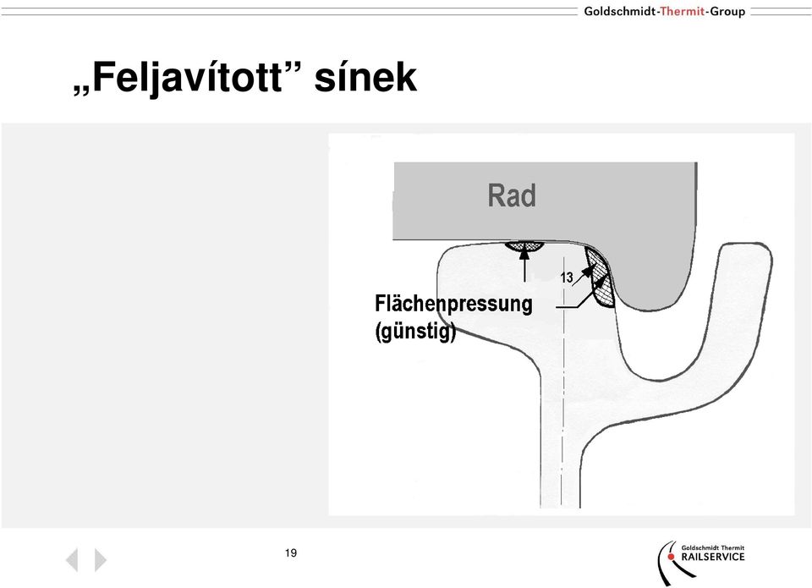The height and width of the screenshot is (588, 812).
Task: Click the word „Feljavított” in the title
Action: point(179,77)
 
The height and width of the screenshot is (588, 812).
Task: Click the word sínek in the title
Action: point(365,77)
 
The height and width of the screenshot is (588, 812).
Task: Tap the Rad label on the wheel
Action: point(512,195)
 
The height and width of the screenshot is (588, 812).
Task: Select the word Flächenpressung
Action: point(453,304)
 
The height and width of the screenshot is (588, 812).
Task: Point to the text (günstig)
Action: point(415,331)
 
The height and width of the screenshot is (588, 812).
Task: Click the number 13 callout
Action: point(567,278)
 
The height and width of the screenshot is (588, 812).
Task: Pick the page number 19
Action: point(291,552)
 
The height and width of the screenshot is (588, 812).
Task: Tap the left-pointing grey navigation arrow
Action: point(72,559)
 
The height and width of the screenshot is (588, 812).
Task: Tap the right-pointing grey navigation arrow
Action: point(101,559)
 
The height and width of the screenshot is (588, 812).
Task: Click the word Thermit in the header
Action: point(682,11)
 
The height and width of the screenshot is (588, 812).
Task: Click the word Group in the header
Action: point(727,11)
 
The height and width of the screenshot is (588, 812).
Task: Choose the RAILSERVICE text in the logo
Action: point(712,557)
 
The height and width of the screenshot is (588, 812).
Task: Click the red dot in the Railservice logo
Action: point(671,557)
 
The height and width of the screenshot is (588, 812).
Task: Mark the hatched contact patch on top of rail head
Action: point(524,246)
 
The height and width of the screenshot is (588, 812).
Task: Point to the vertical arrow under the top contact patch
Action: point(524,264)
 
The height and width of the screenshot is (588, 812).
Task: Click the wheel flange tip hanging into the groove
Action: point(650,303)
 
